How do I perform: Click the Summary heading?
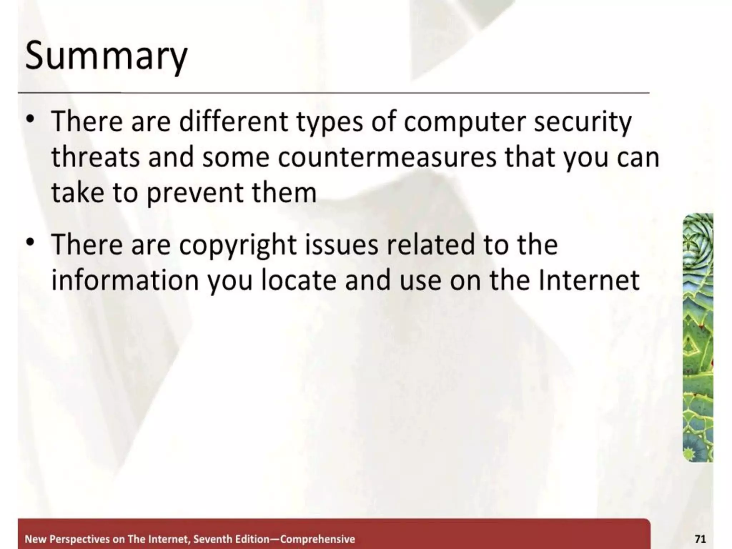tap(106, 56)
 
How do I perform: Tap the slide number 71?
tap(700, 539)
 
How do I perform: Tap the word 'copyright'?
tap(238, 245)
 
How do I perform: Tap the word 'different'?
tap(233, 122)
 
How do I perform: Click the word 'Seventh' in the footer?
tap(211, 539)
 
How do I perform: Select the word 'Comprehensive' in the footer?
tap(317, 539)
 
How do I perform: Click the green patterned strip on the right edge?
tap(698, 337)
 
